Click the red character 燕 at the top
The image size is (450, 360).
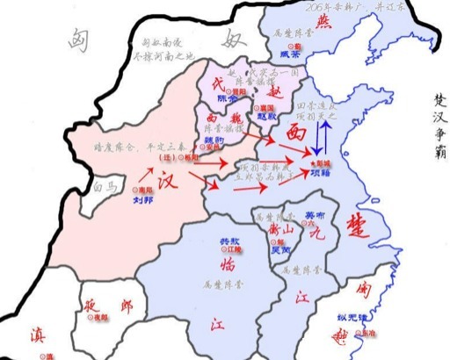click(301, 21)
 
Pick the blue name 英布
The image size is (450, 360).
click(314, 213)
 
